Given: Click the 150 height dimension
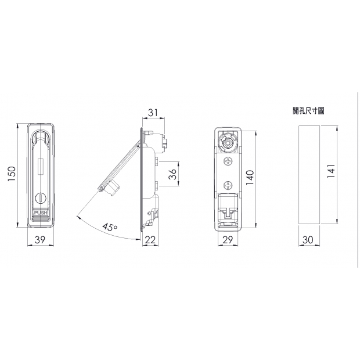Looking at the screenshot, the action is coord(12,174).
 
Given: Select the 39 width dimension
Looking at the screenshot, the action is coord(40,240).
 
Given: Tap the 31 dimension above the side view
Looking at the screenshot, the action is coord(153,113).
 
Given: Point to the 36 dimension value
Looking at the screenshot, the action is coord(172,174).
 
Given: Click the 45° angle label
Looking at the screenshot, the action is coord(110,227).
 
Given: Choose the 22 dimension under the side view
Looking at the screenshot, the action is coord(150,240).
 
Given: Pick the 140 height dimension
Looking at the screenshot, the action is coord(250,178).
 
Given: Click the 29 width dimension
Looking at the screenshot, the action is coord(228,240).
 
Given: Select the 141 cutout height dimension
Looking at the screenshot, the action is coord(331,171).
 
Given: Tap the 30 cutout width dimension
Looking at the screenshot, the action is coord(308,240).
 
